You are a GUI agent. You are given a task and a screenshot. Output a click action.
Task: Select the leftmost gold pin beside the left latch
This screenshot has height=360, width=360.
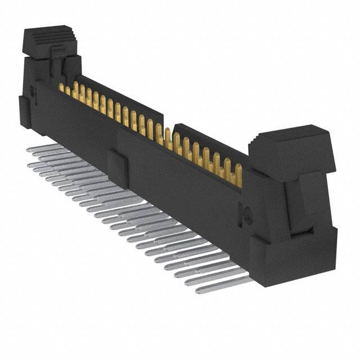point(61,87)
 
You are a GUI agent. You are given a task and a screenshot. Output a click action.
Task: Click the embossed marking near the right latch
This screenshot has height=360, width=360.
point(246,213)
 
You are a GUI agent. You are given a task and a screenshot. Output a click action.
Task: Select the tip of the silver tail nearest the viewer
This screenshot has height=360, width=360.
point(200,290)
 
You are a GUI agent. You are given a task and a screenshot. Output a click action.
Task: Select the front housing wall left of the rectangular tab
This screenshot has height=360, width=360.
point(79,127)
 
